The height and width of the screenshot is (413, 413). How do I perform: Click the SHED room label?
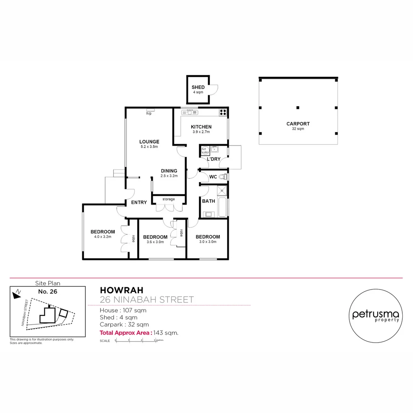(198, 88)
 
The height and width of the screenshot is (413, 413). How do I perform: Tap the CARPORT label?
(298, 124)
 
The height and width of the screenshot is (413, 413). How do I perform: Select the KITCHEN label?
(201, 127)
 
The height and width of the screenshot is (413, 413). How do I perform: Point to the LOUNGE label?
(149, 141)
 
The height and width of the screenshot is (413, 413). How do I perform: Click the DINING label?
(169, 171)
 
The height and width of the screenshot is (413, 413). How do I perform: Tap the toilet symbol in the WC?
(224, 177)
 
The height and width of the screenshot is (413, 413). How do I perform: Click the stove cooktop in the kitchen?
(223, 112)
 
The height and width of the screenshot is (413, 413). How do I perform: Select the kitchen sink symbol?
(189, 112)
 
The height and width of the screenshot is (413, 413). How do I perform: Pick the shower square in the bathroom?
(222, 191)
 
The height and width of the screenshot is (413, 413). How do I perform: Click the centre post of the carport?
(298, 107)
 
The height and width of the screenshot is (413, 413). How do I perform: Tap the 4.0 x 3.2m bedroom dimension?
(102, 237)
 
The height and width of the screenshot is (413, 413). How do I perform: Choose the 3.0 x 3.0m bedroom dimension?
(209, 242)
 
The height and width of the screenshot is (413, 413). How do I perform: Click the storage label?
(169, 199)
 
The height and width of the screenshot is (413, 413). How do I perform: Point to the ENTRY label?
(139, 202)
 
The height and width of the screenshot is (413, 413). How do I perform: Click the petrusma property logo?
(376, 315)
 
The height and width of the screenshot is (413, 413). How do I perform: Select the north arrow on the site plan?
(16, 294)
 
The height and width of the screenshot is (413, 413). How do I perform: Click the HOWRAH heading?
(116, 290)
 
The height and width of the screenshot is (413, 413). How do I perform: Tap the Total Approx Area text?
(126, 333)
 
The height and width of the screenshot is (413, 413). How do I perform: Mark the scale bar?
(135, 340)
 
